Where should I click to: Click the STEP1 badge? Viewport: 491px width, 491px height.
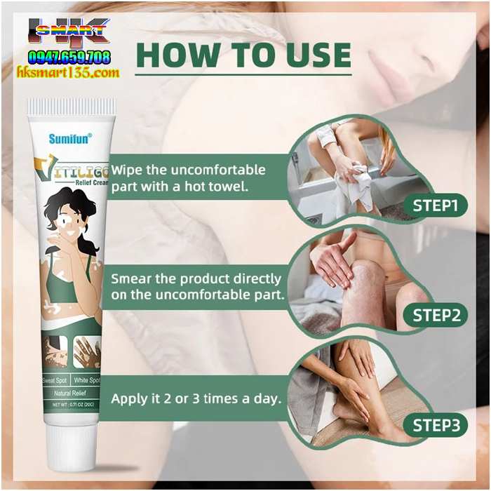tap(435, 206)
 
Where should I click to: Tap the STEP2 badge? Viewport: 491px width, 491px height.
tap(435, 315)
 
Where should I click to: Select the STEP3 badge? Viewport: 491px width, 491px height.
tap(435, 424)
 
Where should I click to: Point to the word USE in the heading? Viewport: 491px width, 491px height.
tap(317, 55)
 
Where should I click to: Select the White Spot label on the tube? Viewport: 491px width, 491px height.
tap(87, 379)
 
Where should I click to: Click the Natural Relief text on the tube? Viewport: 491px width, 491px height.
tap(70, 394)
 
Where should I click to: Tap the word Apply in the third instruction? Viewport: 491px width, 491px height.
tap(128, 398)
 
